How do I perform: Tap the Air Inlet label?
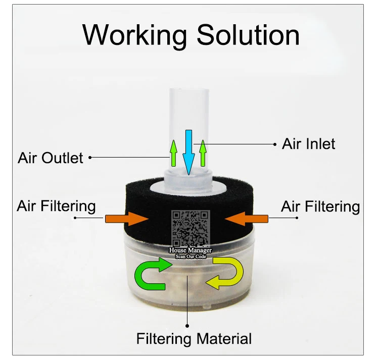point(308,144)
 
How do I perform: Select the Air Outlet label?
point(51,158)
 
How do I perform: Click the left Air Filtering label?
point(56,206)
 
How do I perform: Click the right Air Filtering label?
point(320,206)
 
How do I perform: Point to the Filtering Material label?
point(194,338)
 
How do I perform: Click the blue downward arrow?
point(188,151)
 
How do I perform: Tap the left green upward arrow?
point(173,152)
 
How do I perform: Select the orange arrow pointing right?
point(124,219)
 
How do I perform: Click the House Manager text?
point(190,250)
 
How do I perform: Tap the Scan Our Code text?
point(190,256)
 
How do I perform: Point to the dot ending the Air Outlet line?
point(90,158)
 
